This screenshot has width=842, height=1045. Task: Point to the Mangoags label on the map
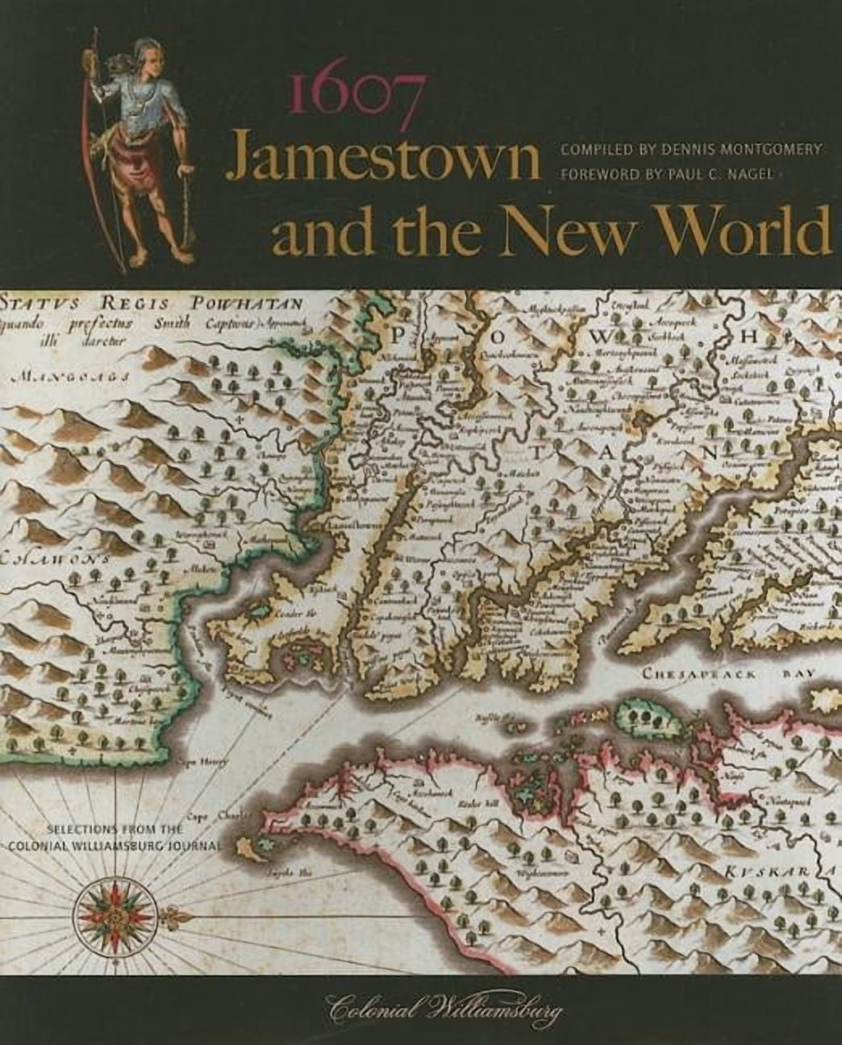click(68, 376)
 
